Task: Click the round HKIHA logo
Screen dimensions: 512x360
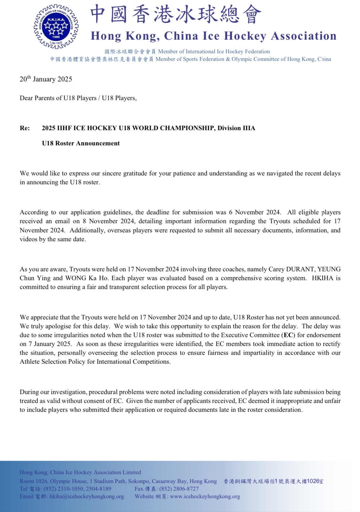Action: pyautogui.click(x=56, y=27)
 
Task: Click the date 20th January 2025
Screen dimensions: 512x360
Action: pyautogui.click(x=46, y=79)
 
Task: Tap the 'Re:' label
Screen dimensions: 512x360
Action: pyautogui.click(x=25, y=128)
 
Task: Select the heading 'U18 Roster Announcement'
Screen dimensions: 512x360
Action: pyautogui.click(x=81, y=143)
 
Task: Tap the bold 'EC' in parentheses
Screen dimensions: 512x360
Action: pyautogui.click(x=288, y=335)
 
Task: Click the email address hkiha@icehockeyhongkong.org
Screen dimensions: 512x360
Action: pyautogui.click(x=87, y=496)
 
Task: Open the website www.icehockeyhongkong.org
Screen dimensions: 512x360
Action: pyautogui.click(x=205, y=496)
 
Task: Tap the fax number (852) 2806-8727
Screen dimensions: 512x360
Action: pyautogui.click(x=179, y=489)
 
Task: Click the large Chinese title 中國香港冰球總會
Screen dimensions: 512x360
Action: pyautogui.click(x=176, y=15)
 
